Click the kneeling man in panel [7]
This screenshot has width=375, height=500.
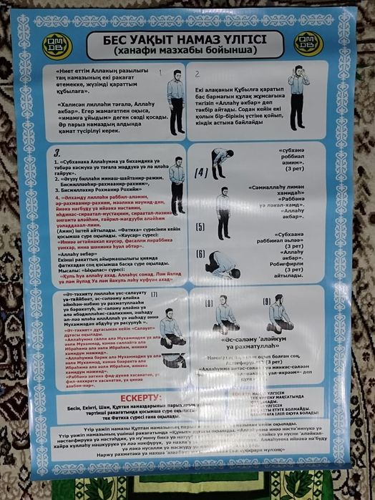(170, 326)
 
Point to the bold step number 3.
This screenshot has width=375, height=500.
(57, 152)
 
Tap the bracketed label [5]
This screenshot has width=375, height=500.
(200, 227)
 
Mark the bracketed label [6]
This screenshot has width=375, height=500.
(200, 255)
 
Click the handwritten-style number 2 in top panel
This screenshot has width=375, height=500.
(198, 73)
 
